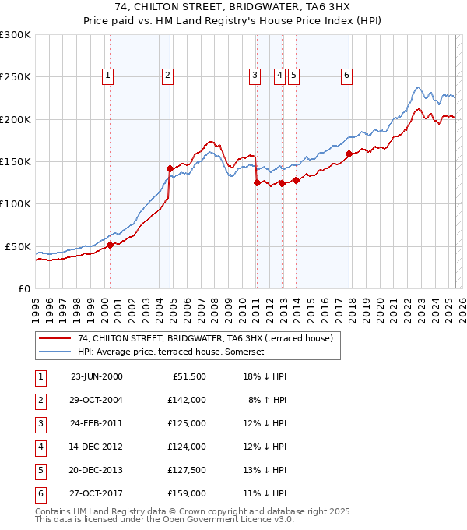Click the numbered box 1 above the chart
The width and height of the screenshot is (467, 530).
[x=107, y=76]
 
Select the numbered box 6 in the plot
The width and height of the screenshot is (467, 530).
[x=346, y=76]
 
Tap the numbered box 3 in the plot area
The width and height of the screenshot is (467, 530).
[x=255, y=76]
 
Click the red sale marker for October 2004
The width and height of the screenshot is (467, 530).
[x=170, y=168]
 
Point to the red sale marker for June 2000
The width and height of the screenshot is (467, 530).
[x=110, y=245]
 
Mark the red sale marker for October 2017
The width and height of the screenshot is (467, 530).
[x=349, y=154]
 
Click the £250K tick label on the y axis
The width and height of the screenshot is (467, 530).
[x=16, y=77]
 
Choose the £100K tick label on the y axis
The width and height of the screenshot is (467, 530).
[x=16, y=203]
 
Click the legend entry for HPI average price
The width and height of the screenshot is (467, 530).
[x=171, y=352]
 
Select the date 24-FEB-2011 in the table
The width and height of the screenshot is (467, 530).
[x=97, y=423]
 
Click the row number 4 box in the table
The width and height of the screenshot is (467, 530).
[x=39, y=447]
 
